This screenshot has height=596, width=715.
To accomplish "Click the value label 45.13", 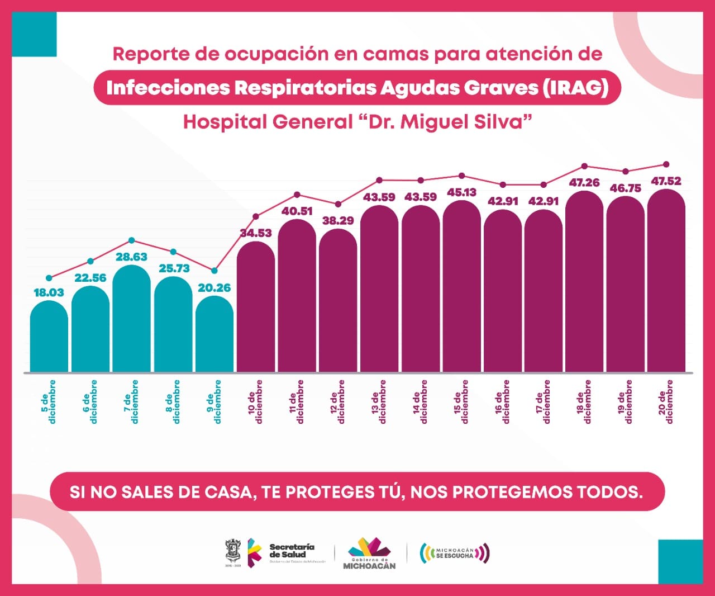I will click(x=462, y=192).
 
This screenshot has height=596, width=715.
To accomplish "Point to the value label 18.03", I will click(x=49, y=292).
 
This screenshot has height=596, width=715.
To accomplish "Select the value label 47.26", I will click(x=584, y=183).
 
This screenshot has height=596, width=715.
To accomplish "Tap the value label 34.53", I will click(x=256, y=233).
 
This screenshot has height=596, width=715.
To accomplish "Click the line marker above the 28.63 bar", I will click(x=132, y=240).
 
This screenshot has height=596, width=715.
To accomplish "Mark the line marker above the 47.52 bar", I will click(x=666, y=164).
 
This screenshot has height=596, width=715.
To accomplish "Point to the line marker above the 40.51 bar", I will click(x=297, y=195).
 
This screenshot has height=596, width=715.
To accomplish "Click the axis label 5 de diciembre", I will click(x=49, y=401).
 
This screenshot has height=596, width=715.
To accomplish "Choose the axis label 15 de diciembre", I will click(x=461, y=401).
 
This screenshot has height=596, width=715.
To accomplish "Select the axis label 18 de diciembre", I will click(x=584, y=401).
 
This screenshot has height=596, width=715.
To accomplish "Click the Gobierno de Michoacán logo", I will click(x=369, y=553).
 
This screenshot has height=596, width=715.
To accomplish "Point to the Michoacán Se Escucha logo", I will click(x=455, y=553).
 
